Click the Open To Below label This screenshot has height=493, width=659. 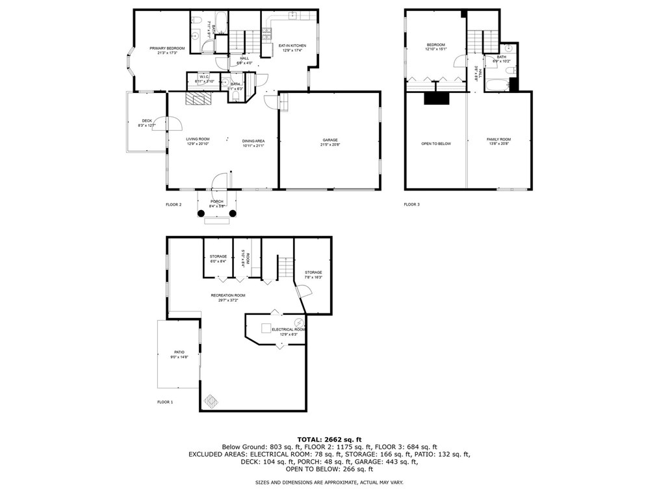click(x=435, y=143)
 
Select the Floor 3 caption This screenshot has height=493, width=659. click(x=412, y=204)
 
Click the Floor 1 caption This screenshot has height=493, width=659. click(x=165, y=402)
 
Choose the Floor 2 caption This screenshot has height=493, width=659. click(x=174, y=204)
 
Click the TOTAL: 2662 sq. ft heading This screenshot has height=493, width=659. click(x=329, y=439)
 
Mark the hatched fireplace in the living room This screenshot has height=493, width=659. click(x=199, y=98)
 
